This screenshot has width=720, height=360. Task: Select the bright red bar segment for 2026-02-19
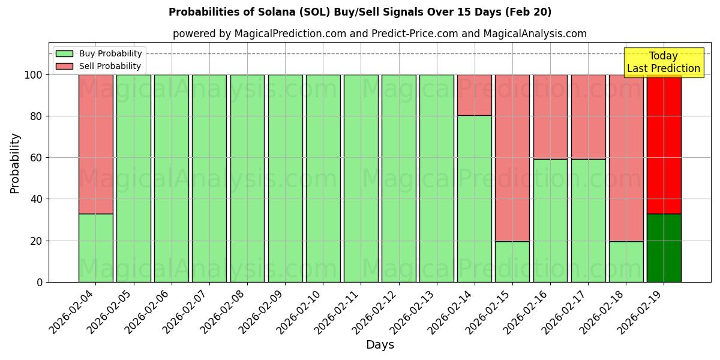point(664,144)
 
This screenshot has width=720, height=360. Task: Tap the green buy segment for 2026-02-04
point(95,248)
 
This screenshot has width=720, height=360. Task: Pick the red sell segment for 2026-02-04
point(95,144)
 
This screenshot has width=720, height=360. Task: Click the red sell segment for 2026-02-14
point(475,95)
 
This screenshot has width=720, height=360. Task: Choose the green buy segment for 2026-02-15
point(512,262)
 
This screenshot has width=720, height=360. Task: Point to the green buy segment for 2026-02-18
point(626,262)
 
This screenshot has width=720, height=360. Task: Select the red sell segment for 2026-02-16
point(550,116)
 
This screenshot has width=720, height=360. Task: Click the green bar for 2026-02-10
point(323,178)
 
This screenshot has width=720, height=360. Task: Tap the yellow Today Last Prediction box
point(664,62)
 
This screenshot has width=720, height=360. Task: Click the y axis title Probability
point(16,163)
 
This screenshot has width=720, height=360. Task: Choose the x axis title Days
point(380,345)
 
